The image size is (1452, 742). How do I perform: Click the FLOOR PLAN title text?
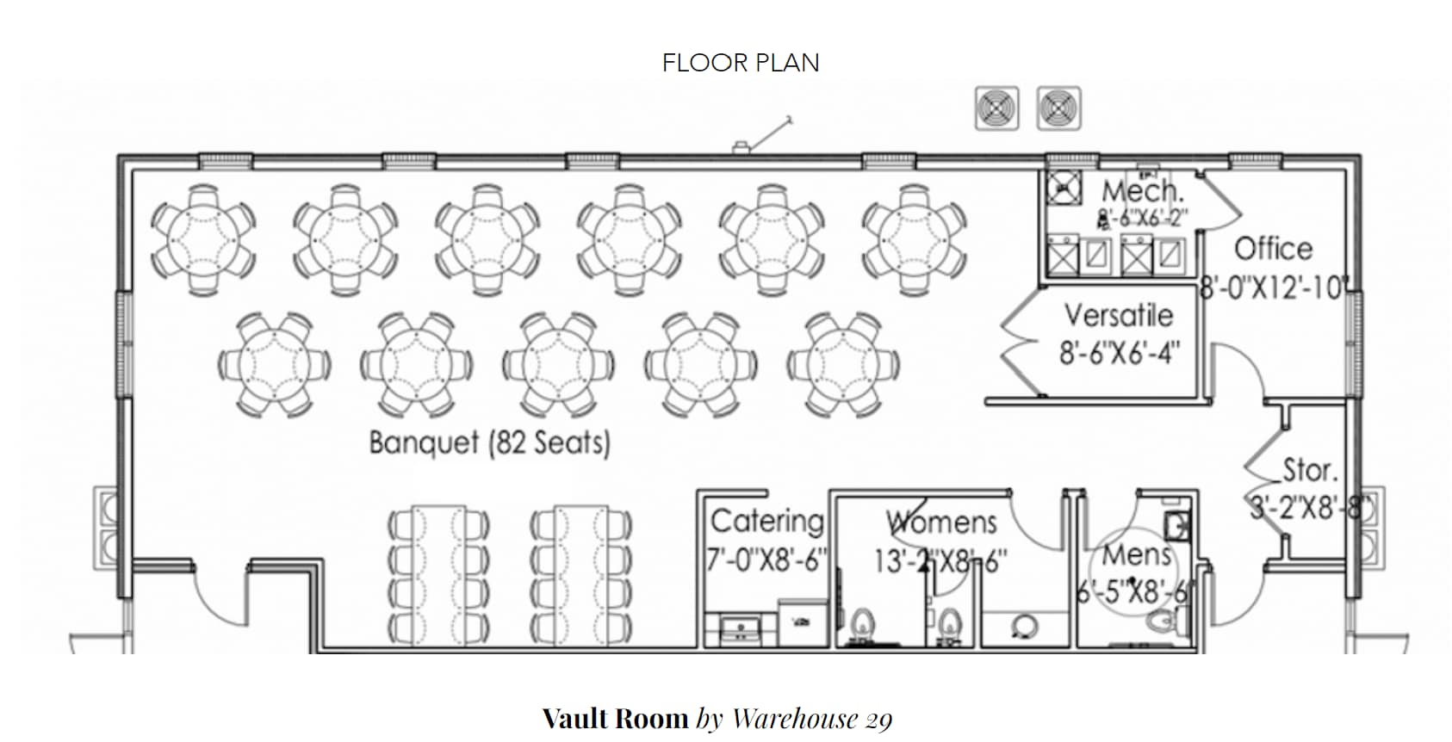(x=741, y=63)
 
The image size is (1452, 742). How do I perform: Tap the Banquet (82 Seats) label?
(x=489, y=442)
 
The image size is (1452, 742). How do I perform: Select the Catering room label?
(x=766, y=522)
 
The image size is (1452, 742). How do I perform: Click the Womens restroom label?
(x=941, y=522)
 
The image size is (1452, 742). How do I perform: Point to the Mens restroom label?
(x=1137, y=555)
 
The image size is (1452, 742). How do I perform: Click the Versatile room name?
(x=1118, y=315)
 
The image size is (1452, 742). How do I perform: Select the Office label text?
(x=1274, y=249)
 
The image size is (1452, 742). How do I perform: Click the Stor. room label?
(x=1310, y=470)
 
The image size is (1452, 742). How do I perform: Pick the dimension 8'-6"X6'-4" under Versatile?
(x=1119, y=353)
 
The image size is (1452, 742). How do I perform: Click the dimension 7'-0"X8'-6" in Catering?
(x=766, y=560)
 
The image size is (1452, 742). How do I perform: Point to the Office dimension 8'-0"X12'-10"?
(x=1273, y=288)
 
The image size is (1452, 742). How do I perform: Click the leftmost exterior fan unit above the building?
(x=996, y=109)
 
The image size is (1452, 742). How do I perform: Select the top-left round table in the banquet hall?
(x=203, y=238)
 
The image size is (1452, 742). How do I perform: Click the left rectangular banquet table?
(x=438, y=574)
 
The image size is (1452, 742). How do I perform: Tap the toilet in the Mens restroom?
(x=1168, y=619)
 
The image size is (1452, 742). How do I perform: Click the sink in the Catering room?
(x=738, y=628)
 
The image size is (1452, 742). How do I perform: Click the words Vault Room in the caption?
(x=615, y=718)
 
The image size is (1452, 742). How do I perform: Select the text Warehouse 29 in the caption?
(x=811, y=718)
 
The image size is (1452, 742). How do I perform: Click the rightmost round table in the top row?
(x=914, y=238)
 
